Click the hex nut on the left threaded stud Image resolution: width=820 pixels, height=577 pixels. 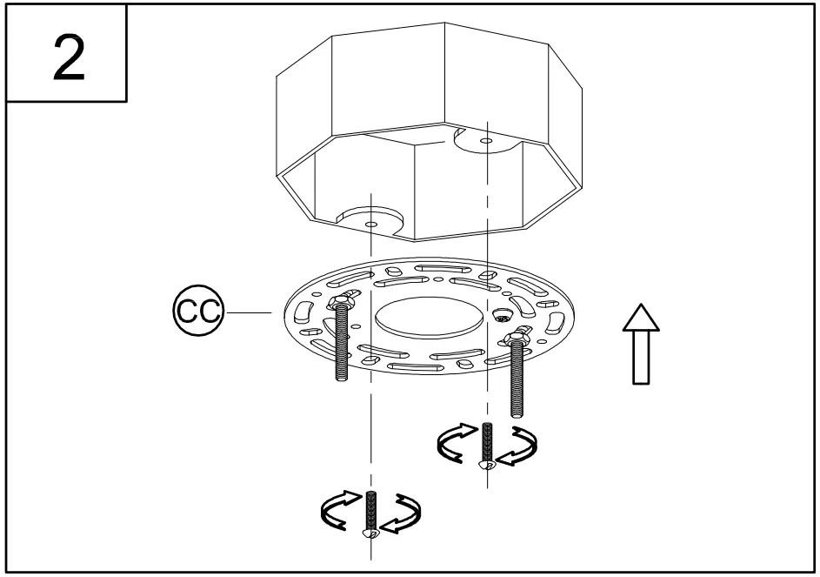(338, 304)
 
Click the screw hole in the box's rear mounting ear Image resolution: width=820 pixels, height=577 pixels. (484, 139)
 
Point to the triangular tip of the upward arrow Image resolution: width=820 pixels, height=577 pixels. (640, 318)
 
